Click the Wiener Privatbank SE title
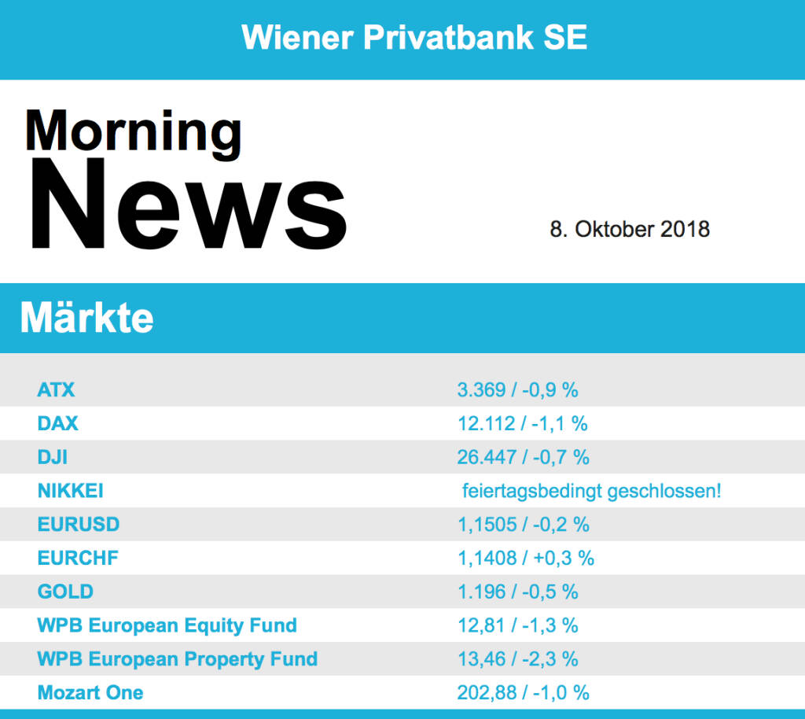click(414, 37)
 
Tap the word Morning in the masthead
click(133, 131)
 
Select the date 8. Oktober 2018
click(630, 229)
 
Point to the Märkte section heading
click(86, 319)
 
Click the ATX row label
click(56, 389)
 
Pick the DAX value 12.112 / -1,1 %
click(522, 424)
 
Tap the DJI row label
click(53, 457)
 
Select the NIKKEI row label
click(70, 491)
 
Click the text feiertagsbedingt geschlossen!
click(591, 492)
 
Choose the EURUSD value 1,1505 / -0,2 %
click(523, 525)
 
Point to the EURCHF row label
click(77, 559)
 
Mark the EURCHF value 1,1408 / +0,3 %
click(525, 559)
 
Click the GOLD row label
click(65, 592)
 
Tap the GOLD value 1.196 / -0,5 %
click(517, 592)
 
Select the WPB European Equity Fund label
click(167, 625)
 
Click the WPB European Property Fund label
click(177, 658)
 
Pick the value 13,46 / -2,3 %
click(517, 658)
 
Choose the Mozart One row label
click(90, 692)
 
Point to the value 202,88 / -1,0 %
click(523, 692)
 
